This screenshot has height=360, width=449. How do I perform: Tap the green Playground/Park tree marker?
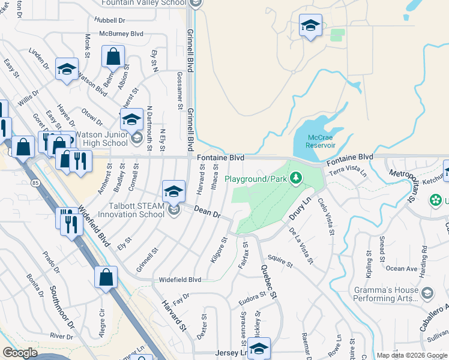pos(295,178)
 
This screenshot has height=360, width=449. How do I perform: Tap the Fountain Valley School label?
pos(143,3)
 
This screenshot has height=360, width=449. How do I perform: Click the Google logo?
pos(20,353)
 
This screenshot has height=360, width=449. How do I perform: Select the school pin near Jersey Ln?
pos(259,348)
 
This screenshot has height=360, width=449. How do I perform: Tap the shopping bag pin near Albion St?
pos(113,57)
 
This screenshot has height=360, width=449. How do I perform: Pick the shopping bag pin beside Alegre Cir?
pos(106,278)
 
